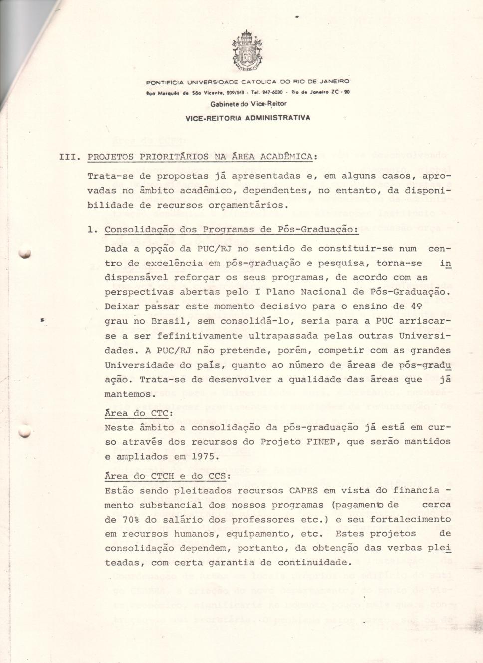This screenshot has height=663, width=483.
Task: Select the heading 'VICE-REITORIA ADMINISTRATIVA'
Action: (247, 118)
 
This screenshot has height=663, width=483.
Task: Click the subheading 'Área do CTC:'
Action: (139, 413)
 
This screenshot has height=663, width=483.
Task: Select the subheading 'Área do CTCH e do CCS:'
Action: (167, 476)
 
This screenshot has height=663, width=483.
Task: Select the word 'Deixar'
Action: (122, 307)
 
